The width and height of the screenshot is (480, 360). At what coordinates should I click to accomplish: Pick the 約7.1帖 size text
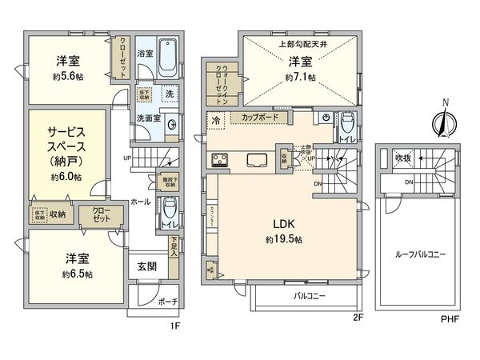pyautogui.click(x=299, y=78)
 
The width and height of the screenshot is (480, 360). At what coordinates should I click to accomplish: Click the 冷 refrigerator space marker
pyautogui.click(x=216, y=120)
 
